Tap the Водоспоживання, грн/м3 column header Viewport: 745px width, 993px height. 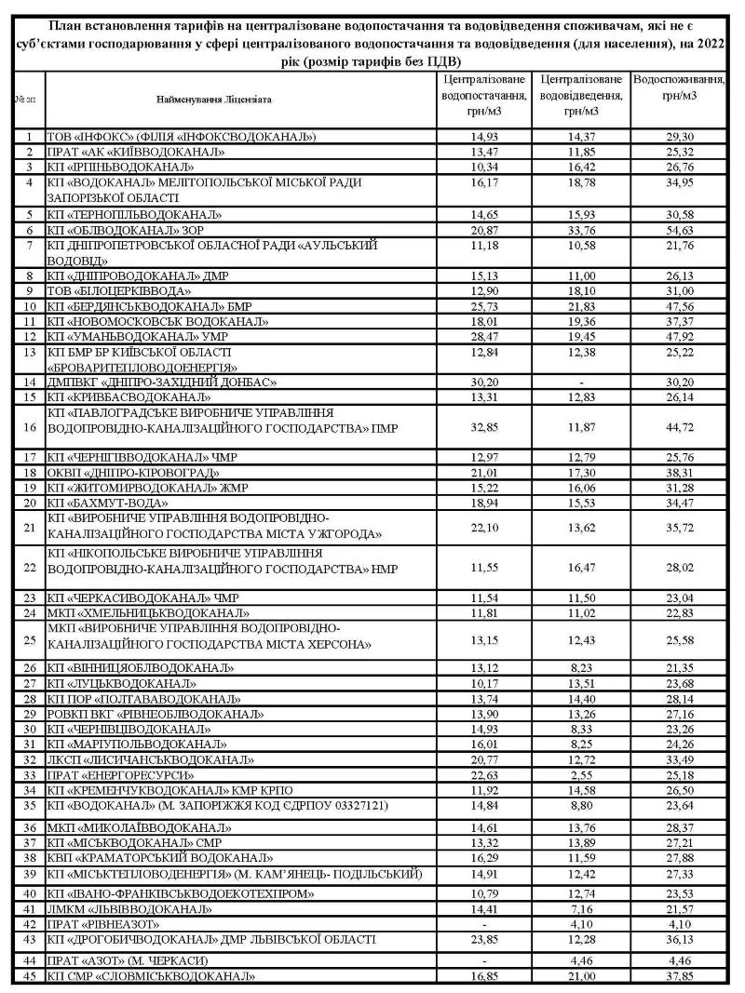pyautogui.click(x=679, y=87)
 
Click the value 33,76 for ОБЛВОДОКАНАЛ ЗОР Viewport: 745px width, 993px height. pyautogui.click(x=581, y=230)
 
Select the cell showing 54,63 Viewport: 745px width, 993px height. pyautogui.click(x=679, y=230)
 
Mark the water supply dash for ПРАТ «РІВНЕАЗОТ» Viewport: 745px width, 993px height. pyautogui.click(x=483, y=924)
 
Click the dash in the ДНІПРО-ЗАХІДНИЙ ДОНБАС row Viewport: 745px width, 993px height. pyautogui.click(x=581, y=382)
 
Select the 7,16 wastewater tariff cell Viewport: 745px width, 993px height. pyautogui.click(x=581, y=909)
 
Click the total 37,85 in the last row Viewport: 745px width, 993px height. pyautogui.click(x=679, y=976)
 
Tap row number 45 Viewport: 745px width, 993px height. pyautogui.click(x=29, y=976)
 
